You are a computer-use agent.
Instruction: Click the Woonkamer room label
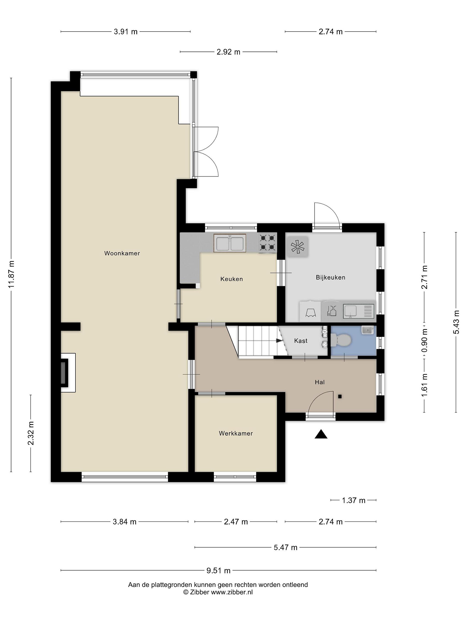tap(122, 253)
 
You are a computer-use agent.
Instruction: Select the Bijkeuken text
tap(331, 277)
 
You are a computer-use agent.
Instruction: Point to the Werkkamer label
tap(236, 434)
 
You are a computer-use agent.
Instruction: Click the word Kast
tap(301, 341)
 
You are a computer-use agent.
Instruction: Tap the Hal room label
tap(320, 382)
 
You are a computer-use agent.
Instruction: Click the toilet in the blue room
tap(341, 340)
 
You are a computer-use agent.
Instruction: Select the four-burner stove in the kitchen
tap(267, 242)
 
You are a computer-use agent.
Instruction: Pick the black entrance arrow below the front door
tap(321, 435)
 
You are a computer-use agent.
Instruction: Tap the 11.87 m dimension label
tap(11, 274)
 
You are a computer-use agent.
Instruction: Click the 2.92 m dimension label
tap(228, 52)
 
